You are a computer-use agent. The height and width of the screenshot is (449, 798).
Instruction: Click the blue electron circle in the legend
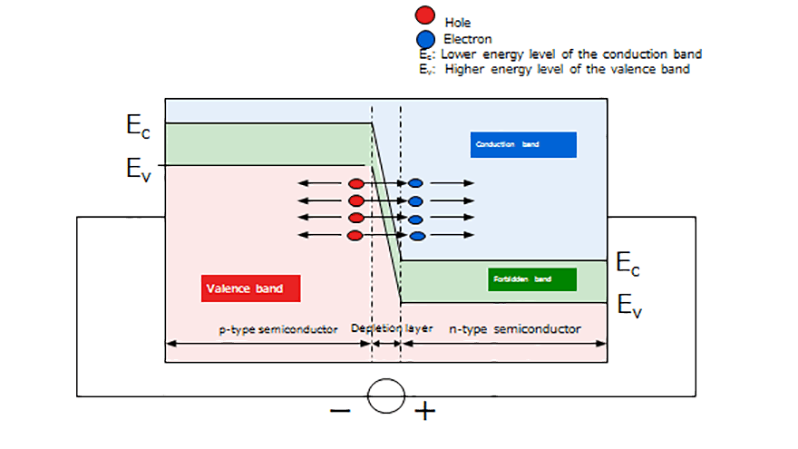tap(423, 39)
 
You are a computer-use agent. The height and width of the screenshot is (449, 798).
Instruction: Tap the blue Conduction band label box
tap(523, 144)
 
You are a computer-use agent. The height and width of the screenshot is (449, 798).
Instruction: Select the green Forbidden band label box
tap(531, 279)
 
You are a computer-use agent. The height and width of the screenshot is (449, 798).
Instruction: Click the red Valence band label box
tap(250, 288)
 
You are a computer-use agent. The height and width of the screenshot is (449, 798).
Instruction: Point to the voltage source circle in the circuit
tap(385, 396)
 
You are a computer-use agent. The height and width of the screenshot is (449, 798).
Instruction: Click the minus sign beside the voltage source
tap(340, 410)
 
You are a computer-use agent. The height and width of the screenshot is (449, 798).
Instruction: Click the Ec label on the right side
tap(628, 264)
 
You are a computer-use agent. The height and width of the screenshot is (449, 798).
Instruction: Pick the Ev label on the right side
tap(629, 306)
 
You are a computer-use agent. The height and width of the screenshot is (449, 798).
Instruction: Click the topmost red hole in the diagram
tap(356, 183)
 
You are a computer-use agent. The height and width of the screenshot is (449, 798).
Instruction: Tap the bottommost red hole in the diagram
tap(356, 236)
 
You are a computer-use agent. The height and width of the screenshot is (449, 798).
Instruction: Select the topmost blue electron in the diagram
tap(416, 183)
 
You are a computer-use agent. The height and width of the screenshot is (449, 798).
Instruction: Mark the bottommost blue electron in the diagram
tap(417, 236)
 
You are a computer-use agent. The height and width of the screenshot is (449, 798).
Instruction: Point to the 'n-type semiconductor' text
tap(515, 329)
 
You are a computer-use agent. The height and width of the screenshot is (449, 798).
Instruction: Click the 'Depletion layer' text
tap(392, 329)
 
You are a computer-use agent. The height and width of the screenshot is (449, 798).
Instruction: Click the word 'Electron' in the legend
tap(468, 39)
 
